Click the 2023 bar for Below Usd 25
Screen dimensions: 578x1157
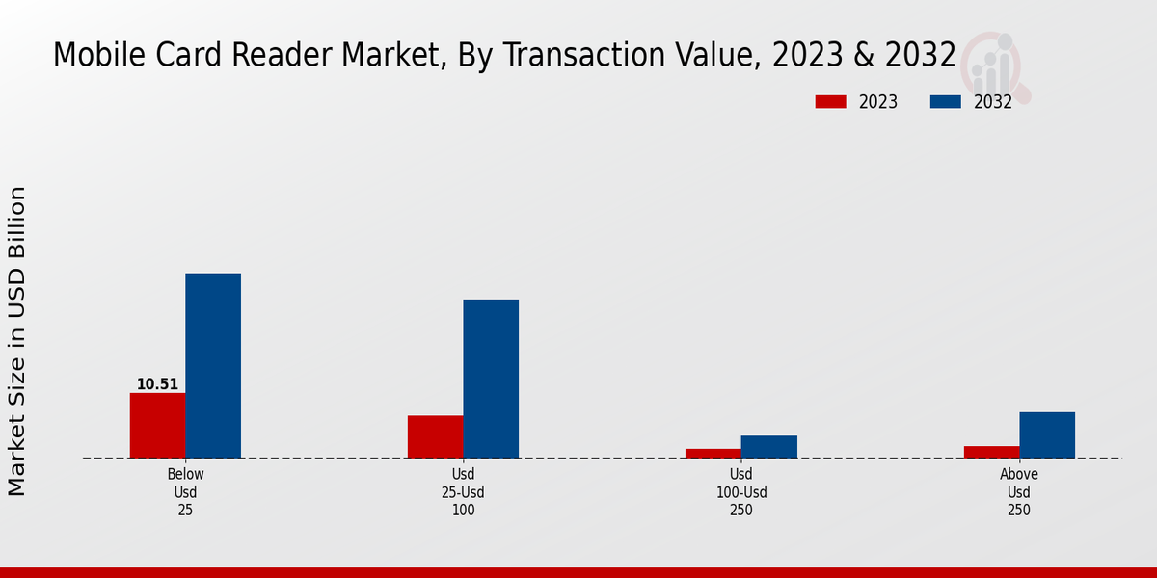click(157, 425)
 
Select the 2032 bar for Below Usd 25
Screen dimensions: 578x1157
click(213, 365)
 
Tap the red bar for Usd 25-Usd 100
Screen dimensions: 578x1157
click(435, 436)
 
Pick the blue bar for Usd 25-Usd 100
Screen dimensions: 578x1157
click(491, 379)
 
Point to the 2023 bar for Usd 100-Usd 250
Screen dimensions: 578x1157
click(713, 453)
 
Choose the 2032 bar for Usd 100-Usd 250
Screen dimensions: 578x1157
click(769, 446)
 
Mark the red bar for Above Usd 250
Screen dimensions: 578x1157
click(991, 452)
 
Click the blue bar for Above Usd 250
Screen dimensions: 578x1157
click(1047, 434)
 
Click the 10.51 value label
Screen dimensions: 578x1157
click(157, 384)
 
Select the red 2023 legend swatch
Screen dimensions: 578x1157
click(830, 102)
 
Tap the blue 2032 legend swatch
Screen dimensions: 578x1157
click(946, 102)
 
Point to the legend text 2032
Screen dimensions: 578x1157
click(993, 102)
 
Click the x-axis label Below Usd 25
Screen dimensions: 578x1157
click(185, 492)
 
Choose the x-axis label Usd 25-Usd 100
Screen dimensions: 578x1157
click(463, 492)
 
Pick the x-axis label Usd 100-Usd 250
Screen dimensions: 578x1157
click(740, 492)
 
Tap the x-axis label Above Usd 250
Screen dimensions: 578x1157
click(1019, 492)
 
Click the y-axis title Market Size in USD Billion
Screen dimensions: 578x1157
click(17, 341)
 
